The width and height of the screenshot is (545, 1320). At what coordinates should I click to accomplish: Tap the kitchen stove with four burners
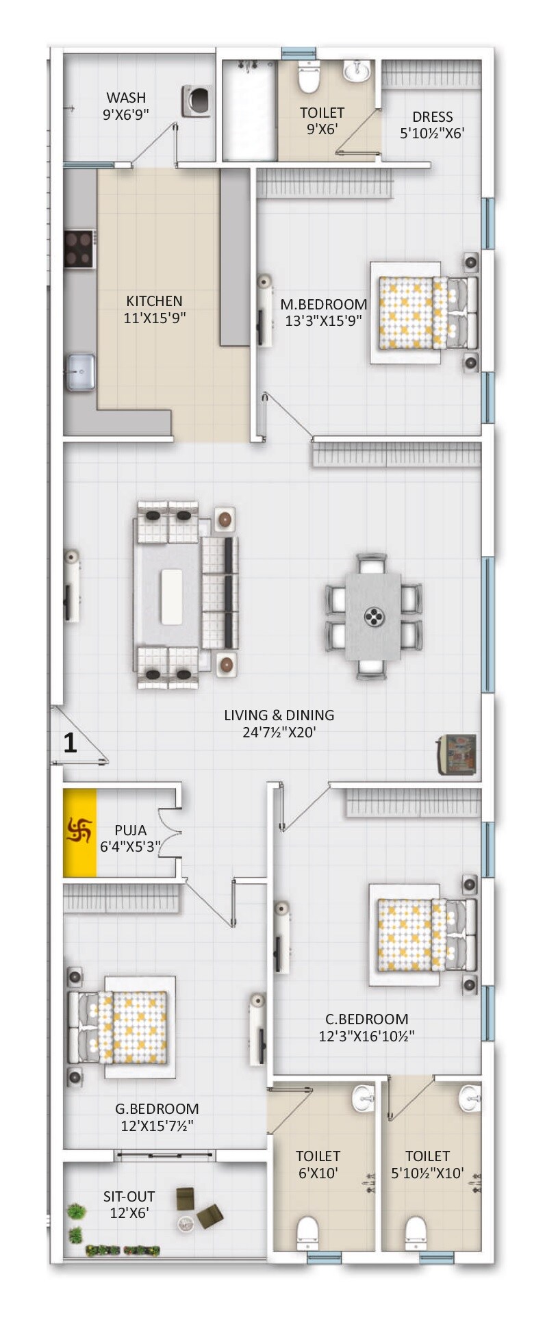79,249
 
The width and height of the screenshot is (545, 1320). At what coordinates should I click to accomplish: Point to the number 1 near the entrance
70,743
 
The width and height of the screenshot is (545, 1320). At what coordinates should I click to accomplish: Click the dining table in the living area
373,617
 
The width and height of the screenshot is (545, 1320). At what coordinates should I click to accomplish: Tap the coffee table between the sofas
171,596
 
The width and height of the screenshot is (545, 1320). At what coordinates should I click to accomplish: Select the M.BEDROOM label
323,304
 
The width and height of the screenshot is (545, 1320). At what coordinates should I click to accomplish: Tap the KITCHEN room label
154,301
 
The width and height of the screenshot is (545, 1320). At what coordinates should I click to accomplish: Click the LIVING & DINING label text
279,715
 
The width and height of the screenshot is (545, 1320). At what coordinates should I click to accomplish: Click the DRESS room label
432,117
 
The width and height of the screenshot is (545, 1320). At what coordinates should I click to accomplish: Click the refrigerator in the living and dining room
457,754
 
